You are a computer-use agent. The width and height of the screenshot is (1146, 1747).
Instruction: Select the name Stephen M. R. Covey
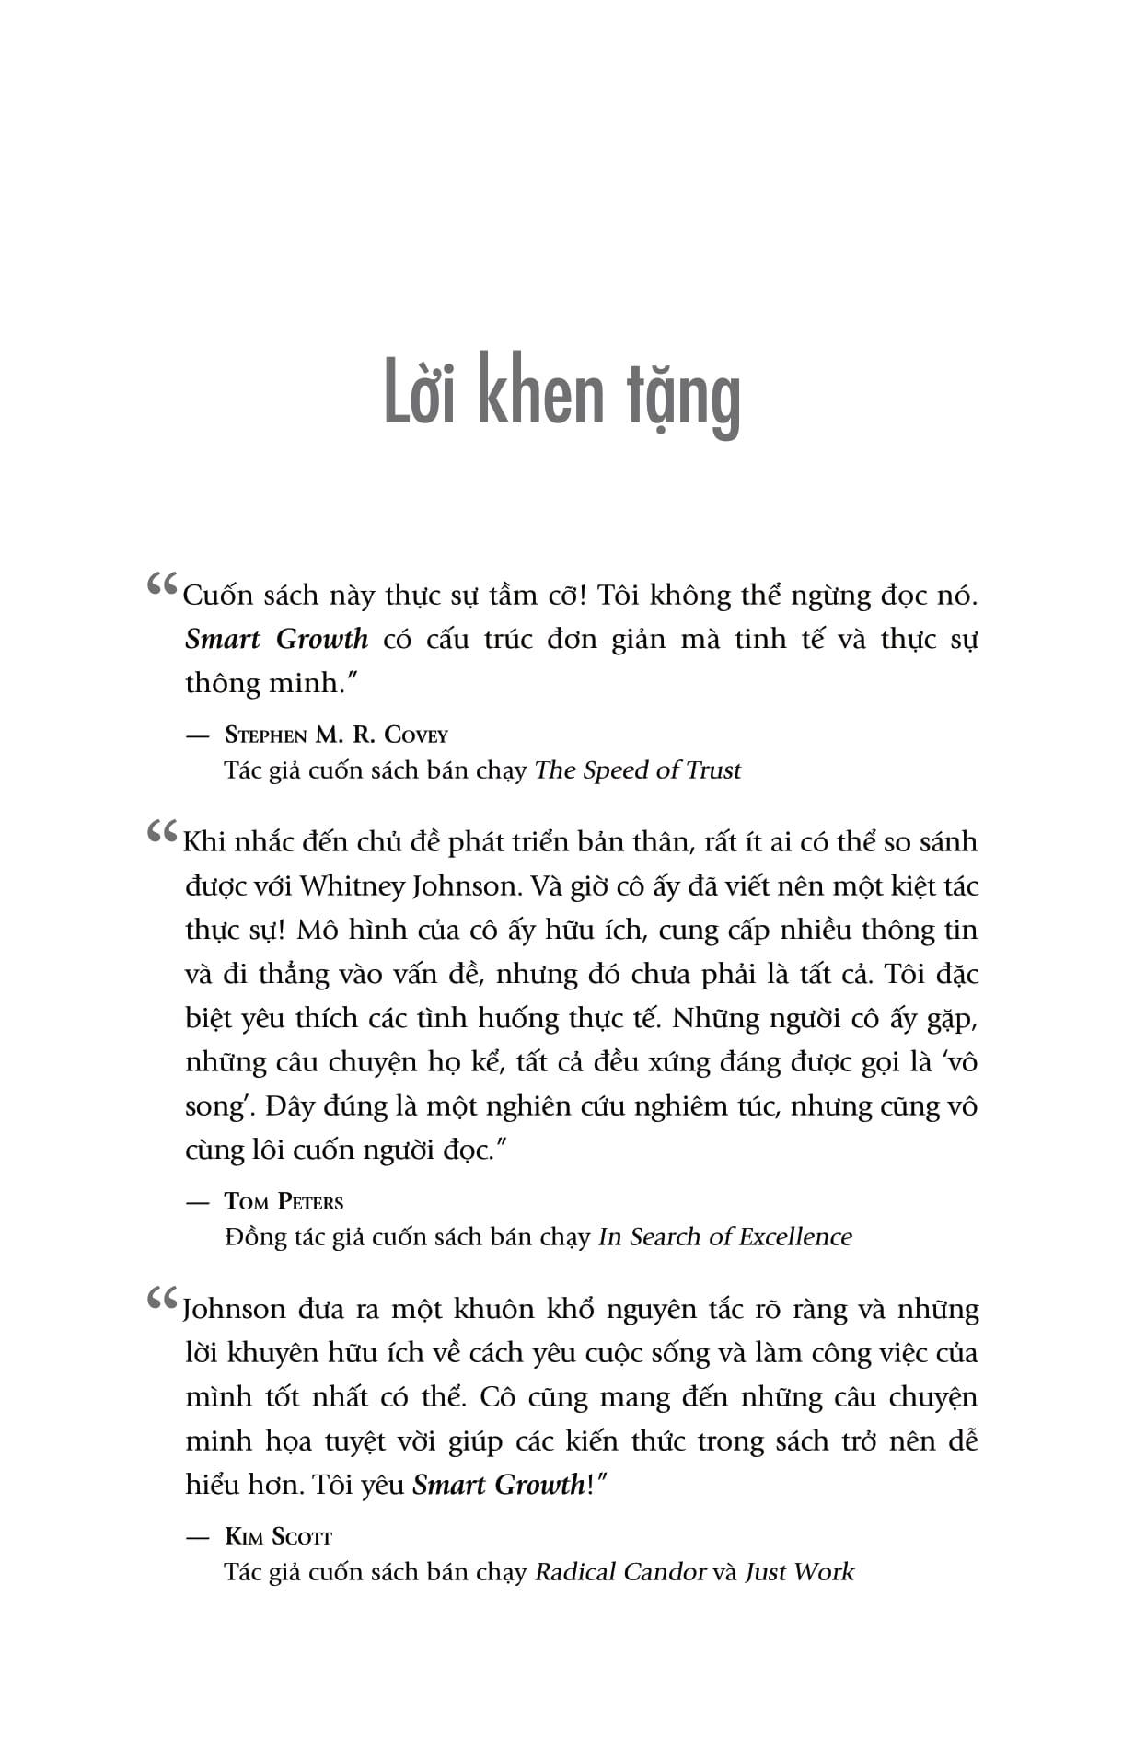click(336, 735)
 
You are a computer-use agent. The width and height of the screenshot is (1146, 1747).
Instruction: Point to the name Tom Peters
click(284, 1201)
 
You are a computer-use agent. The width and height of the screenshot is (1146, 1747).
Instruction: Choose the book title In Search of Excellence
click(724, 1237)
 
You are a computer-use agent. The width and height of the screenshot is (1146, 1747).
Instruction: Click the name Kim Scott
click(278, 1536)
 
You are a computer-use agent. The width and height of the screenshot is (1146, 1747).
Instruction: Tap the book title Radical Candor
click(620, 1572)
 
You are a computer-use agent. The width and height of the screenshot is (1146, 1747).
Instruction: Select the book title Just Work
click(799, 1572)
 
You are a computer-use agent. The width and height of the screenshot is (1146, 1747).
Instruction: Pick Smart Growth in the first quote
click(276, 639)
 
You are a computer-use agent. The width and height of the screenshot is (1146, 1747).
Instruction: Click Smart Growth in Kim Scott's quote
click(498, 1485)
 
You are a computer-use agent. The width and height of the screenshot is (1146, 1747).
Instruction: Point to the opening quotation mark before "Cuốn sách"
click(162, 584)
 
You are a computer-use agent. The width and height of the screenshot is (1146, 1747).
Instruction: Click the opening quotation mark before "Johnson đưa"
click(162, 1299)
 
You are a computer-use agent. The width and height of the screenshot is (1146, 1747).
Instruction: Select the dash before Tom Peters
click(197, 1202)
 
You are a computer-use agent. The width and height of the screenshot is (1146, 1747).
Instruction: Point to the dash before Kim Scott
click(197, 1537)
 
